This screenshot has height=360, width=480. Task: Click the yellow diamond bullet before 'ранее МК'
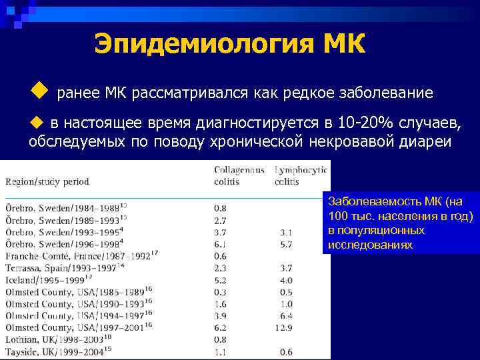click(x=39, y=89)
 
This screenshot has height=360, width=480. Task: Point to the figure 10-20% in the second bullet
click(x=367, y=123)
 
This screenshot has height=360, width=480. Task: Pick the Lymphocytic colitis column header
click(x=301, y=175)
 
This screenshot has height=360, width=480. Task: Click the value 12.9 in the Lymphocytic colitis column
click(x=285, y=327)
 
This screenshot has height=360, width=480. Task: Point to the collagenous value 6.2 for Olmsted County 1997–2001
click(x=221, y=327)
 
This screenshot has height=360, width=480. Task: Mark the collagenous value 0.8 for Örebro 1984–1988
click(x=220, y=208)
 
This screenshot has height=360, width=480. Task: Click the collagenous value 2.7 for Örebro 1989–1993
click(x=220, y=220)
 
